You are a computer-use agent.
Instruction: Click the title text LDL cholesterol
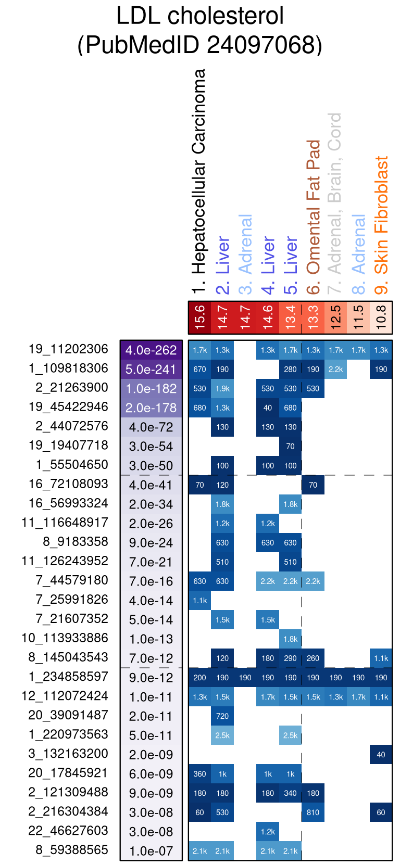[x=200, y=16]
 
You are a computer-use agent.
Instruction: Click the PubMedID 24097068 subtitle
[x=200, y=45]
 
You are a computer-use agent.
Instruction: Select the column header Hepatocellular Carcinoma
[x=199, y=180]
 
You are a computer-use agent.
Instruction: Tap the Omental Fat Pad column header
[x=313, y=207]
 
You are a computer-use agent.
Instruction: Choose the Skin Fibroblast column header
[x=381, y=215]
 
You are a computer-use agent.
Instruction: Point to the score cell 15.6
[x=200, y=317]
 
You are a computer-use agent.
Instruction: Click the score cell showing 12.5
[x=336, y=317]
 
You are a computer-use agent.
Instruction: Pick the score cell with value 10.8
[x=381, y=317]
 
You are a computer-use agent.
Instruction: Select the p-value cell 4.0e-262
[x=151, y=350]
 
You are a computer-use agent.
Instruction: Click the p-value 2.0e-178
[x=151, y=408]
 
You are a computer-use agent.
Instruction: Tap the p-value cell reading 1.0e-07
[x=151, y=851]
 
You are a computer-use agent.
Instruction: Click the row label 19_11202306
[x=68, y=349]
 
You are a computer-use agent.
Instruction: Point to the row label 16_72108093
[x=68, y=484]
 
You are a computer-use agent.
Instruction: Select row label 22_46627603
[x=68, y=831]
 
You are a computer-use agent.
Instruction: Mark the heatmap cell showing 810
[x=313, y=812]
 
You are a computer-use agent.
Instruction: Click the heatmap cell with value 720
[x=222, y=716]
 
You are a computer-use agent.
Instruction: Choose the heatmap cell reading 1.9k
[x=222, y=389]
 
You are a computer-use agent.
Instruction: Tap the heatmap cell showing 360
[x=200, y=774]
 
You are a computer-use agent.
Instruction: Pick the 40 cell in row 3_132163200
[x=381, y=755]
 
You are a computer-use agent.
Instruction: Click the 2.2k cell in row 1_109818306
[x=336, y=370]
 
